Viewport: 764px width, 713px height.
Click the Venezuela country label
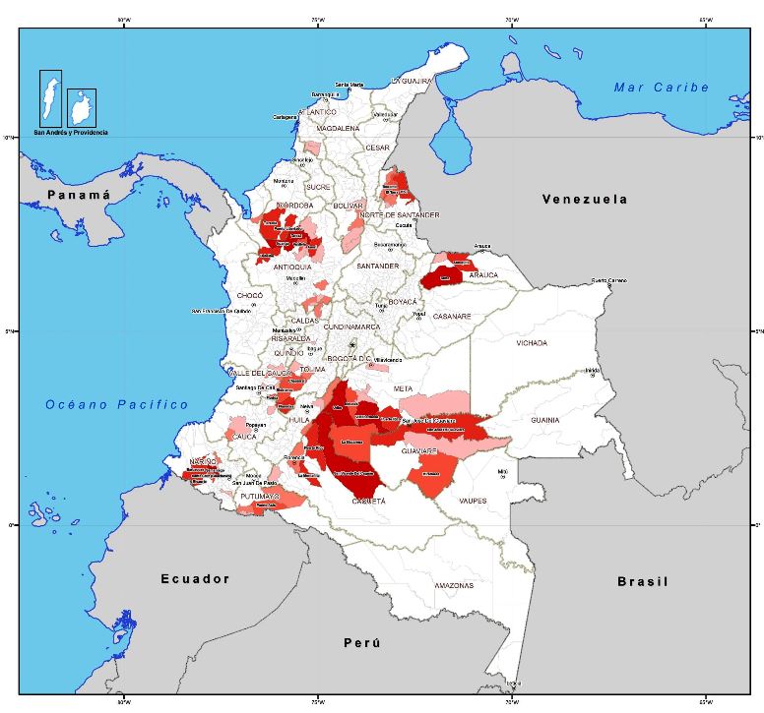584,199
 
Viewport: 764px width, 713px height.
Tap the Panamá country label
78,196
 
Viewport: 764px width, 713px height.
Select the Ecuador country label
195,578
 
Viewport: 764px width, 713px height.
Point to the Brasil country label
642,581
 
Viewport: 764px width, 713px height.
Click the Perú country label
360,642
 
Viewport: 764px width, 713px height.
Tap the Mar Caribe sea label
661,88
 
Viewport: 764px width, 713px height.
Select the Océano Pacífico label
116,404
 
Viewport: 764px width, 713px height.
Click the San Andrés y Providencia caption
70,132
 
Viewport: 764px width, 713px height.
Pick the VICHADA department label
532,343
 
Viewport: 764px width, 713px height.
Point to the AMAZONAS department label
454,585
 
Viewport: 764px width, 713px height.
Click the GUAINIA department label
544,420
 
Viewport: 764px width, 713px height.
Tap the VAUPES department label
473,501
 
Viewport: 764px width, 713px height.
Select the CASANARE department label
452,316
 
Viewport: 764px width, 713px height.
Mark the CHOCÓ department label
250,295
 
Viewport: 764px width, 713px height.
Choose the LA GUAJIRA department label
412,80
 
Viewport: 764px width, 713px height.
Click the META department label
404,388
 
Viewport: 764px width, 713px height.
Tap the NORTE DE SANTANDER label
399,214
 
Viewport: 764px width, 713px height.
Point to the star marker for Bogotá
352,344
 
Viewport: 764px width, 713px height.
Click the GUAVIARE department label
418,450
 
